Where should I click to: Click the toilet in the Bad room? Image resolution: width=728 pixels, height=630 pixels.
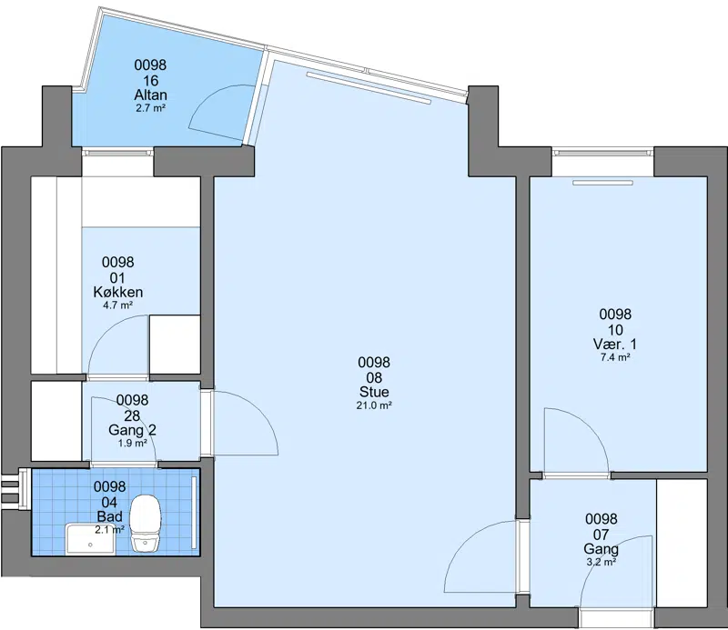click(146, 523)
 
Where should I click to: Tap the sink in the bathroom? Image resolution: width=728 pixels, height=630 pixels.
click(91, 538)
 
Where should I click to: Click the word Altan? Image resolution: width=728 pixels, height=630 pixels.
click(150, 95)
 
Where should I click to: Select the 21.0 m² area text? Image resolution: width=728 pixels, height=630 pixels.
click(374, 405)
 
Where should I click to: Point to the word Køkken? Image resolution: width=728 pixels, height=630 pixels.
click(118, 292)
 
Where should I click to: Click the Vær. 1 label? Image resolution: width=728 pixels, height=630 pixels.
click(615, 345)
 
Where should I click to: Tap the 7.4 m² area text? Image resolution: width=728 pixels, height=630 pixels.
click(615, 357)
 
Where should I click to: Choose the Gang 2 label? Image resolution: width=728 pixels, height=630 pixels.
click(132, 430)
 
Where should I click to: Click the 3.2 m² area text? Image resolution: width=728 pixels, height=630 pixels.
click(601, 562)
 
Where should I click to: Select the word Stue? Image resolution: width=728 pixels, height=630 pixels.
click(374, 392)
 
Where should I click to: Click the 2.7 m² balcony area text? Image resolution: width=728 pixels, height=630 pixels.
click(150, 108)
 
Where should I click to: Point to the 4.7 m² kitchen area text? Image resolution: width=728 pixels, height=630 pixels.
click(118, 305)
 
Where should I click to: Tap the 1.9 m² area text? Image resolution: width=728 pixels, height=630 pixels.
click(132, 443)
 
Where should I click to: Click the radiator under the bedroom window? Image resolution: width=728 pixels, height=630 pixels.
click(602, 183)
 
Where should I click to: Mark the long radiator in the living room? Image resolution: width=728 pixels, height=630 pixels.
click(369, 86)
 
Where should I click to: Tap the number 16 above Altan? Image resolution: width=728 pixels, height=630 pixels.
click(150, 80)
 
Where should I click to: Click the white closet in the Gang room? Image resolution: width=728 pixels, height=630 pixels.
click(682, 543)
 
